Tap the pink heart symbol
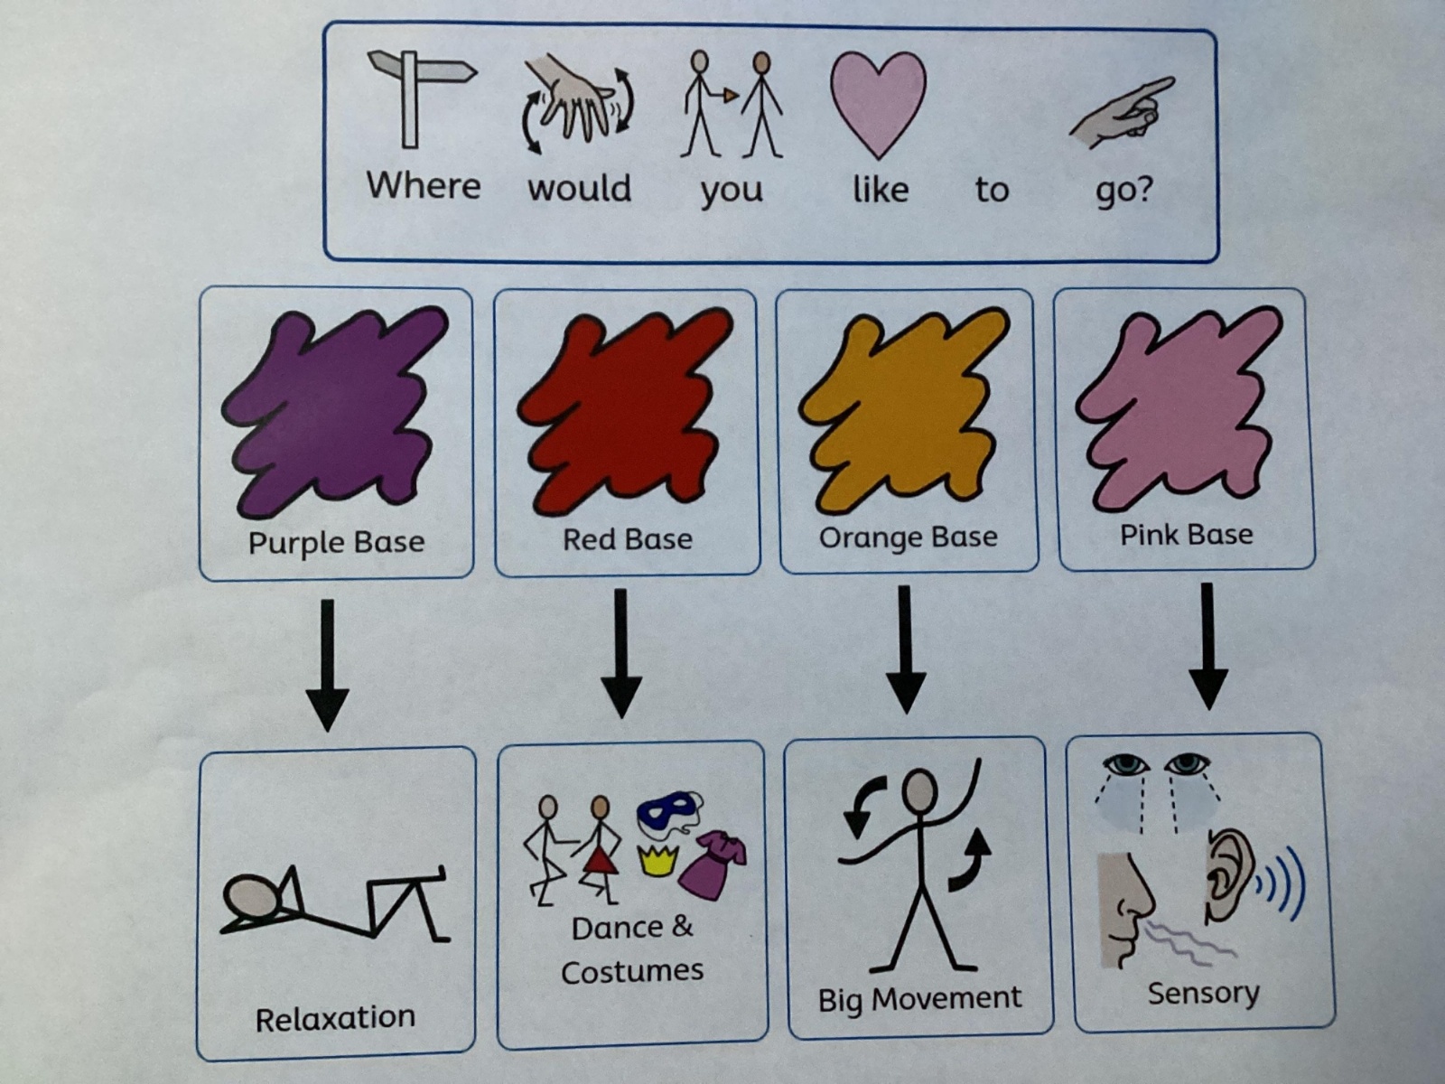click(877, 99)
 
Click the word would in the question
click(579, 188)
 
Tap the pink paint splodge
click(1179, 406)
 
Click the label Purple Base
click(336, 542)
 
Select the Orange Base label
click(908, 537)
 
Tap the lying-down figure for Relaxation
click(334, 903)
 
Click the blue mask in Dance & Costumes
click(669, 812)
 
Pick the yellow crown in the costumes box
click(657, 859)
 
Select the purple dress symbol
click(713, 864)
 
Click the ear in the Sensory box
click(1227, 872)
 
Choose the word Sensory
click(1203, 993)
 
